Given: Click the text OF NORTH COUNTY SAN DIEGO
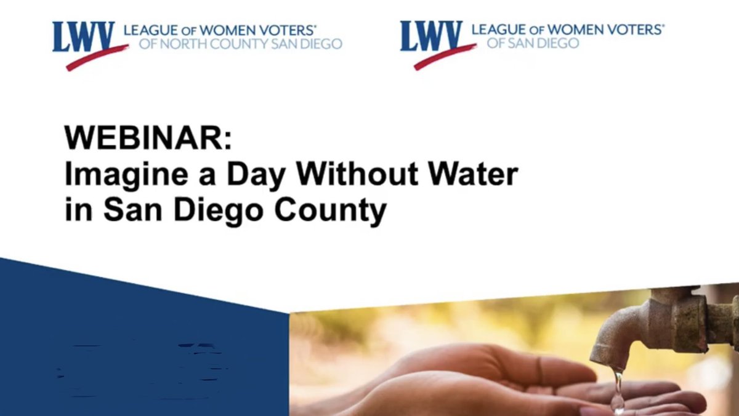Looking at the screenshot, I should pos(241,44).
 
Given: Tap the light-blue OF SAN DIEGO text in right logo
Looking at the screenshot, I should pos(533,44).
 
